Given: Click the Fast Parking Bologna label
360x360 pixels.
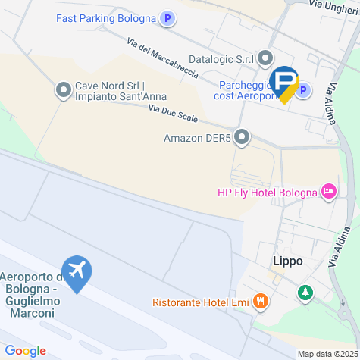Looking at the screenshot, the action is (x=105, y=18).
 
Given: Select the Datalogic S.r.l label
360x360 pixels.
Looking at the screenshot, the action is (x=220, y=58).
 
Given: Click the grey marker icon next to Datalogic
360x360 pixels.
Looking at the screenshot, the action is (x=265, y=58).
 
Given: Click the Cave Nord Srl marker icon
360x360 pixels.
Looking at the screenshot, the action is (x=63, y=91).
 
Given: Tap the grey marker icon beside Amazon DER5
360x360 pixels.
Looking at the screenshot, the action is (x=242, y=137).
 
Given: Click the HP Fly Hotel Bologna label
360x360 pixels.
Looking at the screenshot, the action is (x=267, y=192).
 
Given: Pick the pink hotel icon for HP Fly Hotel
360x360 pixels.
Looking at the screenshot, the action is (x=328, y=192).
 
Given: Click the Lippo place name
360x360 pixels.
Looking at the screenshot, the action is (x=287, y=261).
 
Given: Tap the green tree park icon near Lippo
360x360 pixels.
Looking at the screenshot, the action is (x=305, y=292).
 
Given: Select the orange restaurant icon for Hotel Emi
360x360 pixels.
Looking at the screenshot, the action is (x=261, y=302).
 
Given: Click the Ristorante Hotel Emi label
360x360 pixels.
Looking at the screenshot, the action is (x=201, y=302).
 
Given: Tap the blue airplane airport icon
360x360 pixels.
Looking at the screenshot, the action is (x=77, y=270).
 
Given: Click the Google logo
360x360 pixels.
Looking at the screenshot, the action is (x=25, y=350).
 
